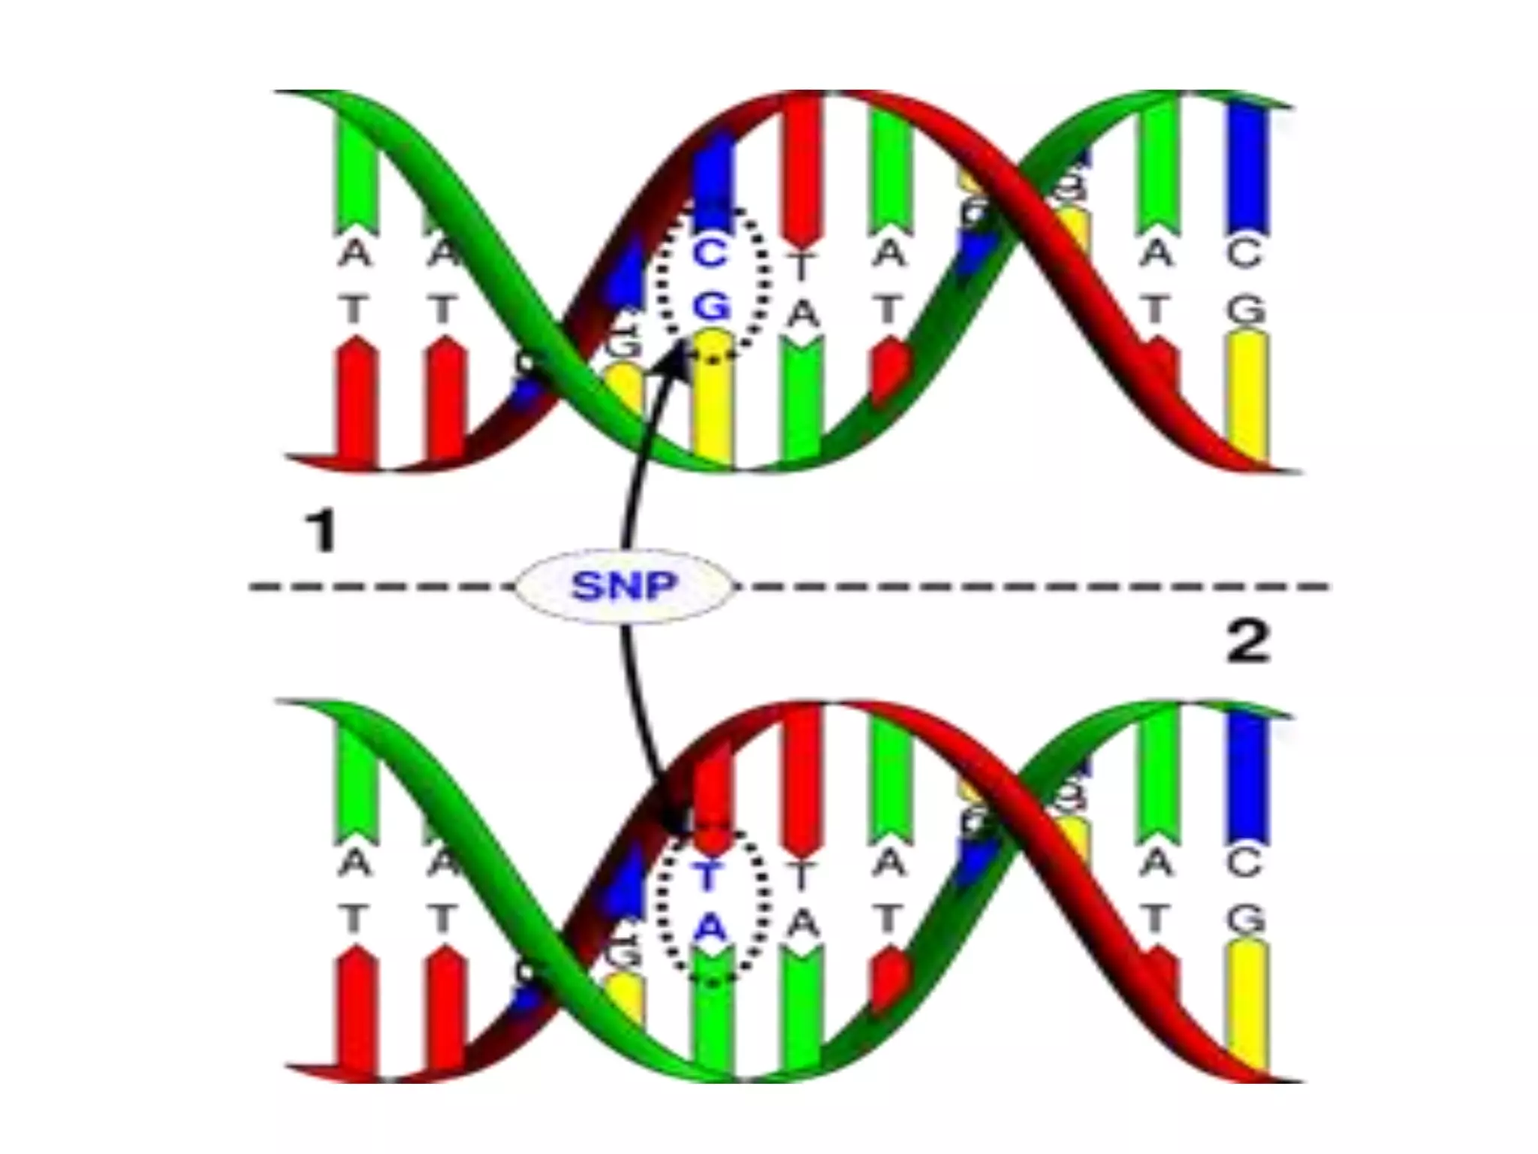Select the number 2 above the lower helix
pos(1247,642)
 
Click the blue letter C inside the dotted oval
pos(710,254)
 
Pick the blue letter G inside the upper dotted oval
pos(710,306)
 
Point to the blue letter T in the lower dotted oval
pos(708,875)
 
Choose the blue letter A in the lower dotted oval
pos(710,929)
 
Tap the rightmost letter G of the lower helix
pos(1247,920)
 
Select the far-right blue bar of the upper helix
pos(1247,169)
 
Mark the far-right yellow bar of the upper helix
pos(1247,394)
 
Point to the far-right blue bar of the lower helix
pos(1247,778)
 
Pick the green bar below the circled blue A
pos(712,1014)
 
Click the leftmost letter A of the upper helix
pos(355,254)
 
